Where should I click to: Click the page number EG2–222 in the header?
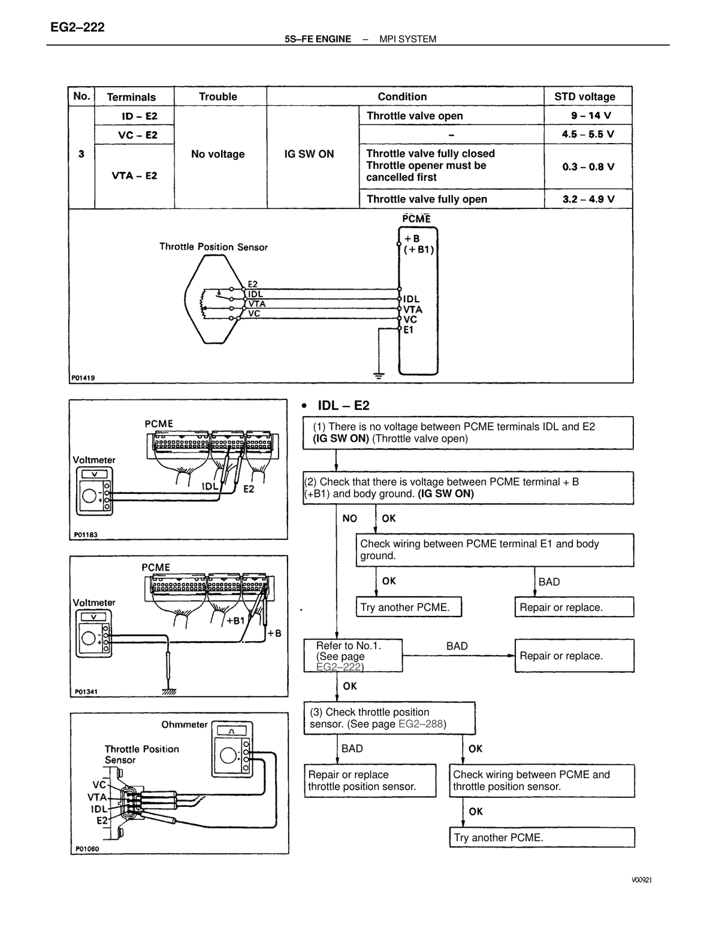(x=77, y=28)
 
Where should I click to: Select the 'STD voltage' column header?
(x=584, y=96)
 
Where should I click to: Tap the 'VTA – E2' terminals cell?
(x=134, y=176)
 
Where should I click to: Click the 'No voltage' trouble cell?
(x=217, y=154)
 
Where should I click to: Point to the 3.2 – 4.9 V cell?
(x=588, y=199)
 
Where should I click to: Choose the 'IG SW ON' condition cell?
(x=309, y=154)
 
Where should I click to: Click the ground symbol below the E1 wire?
(x=379, y=376)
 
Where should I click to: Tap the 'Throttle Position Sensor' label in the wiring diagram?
(x=213, y=247)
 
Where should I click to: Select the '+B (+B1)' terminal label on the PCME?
(x=419, y=244)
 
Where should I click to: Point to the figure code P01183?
(x=86, y=535)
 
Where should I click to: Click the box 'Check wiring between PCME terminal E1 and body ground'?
(x=494, y=549)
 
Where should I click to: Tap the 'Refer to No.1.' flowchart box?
(x=353, y=655)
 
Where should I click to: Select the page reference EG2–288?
(x=421, y=724)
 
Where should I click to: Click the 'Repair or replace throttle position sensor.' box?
(x=370, y=781)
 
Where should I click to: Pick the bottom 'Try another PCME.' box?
(x=542, y=837)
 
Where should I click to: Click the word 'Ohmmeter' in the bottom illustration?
(x=184, y=725)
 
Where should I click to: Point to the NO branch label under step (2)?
(x=349, y=518)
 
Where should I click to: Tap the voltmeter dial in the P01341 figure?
(x=89, y=638)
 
